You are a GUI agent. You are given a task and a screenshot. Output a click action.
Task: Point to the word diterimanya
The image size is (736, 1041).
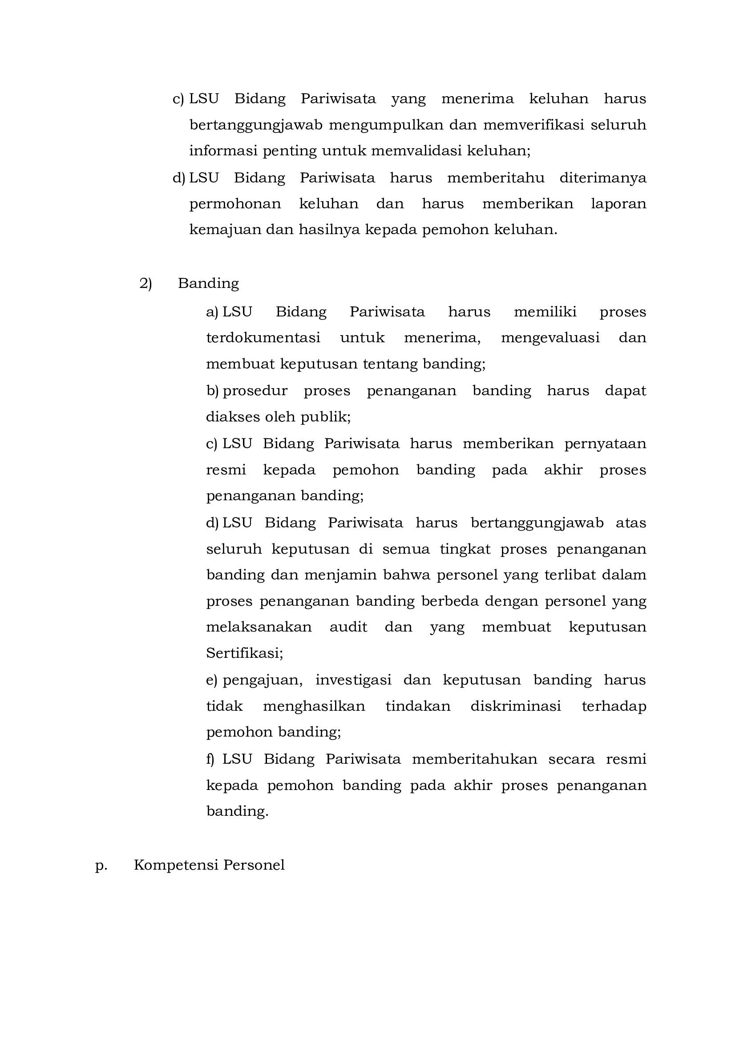coord(603,178)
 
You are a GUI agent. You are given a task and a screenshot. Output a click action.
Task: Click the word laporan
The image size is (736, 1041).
coord(618,204)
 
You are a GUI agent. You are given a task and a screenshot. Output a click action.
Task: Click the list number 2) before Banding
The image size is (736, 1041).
coord(146,284)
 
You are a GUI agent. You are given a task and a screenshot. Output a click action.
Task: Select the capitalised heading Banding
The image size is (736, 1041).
coord(208,284)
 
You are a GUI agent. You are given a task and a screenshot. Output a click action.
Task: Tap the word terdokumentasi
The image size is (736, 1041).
coord(263,338)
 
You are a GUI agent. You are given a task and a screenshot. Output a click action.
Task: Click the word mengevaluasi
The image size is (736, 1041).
coord(550,338)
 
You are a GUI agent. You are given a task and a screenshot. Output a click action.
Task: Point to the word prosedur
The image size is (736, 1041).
coord(255,391)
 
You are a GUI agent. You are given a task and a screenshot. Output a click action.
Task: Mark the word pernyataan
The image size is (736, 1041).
coord(605,443)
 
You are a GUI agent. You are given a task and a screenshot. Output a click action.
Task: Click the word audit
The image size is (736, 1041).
coord(348,627)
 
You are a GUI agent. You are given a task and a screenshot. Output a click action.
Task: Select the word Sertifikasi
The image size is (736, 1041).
coord(244,653)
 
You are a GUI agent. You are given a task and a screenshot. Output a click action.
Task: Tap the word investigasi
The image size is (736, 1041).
coord(353,680)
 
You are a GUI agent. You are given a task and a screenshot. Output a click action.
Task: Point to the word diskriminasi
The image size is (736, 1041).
coord(515,706)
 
